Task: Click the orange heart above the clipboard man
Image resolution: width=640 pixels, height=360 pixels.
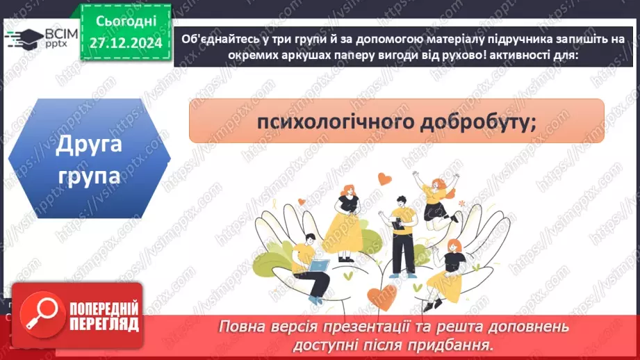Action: [x=384, y=179]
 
